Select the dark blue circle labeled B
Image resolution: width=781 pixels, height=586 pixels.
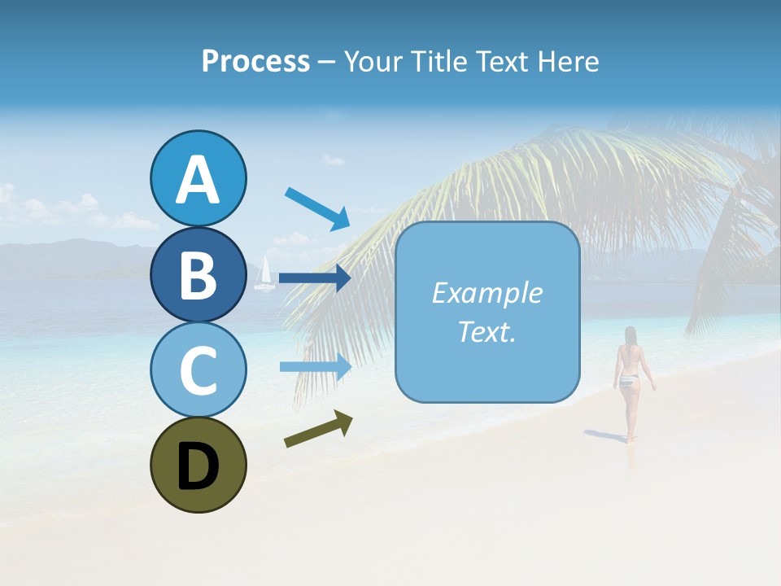point(198,274)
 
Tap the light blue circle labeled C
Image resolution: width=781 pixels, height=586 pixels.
point(198,370)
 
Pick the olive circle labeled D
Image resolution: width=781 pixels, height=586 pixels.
point(198,465)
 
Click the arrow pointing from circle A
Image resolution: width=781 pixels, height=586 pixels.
point(317,208)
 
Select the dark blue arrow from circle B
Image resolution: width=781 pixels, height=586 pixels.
point(314,278)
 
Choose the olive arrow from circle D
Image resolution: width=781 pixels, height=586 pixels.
point(318,429)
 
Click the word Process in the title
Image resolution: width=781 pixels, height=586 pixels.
point(255,62)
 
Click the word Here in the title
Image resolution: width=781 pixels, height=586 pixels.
point(569,62)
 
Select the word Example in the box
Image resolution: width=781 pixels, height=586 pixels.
point(486,293)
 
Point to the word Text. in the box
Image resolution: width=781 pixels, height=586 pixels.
point(486,331)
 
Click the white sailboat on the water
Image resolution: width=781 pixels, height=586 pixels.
point(264,274)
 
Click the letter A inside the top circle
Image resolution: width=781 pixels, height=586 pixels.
point(198,181)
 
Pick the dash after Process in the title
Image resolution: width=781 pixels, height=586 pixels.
point(326,63)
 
